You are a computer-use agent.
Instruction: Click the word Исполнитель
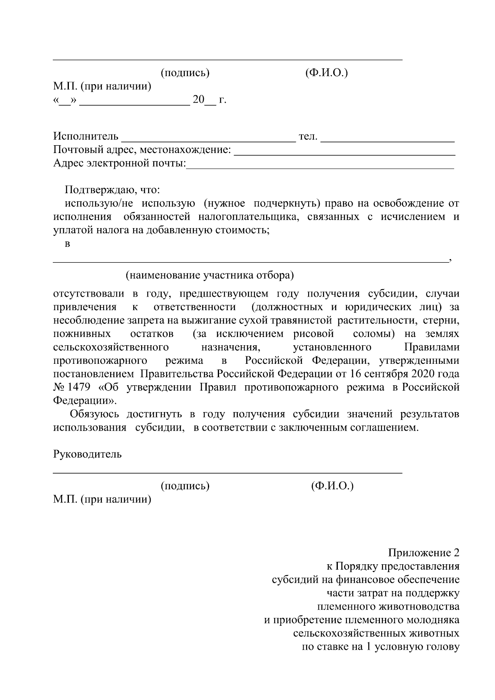pyautogui.click(x=86, y=136)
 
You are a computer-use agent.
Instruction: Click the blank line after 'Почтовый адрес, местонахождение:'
pyautogui.click(x=344, y=153)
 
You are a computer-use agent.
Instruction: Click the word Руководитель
pyautogui.click(x=87, y=454)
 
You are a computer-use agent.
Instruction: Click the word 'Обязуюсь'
pyautogui.click(x=95, y=414)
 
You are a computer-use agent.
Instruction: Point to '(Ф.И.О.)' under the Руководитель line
pyautogui.click(x=332, y=486)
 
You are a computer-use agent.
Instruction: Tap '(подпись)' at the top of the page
pyautogui.click(x=185, y=73)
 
